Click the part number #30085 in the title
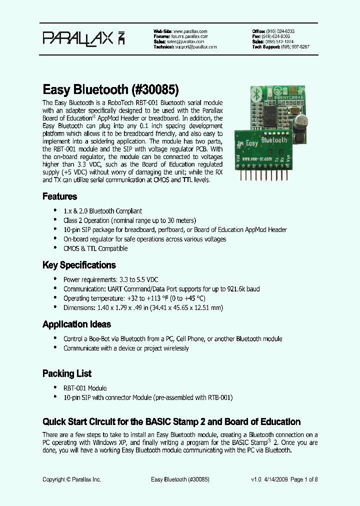155,90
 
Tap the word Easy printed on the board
251,143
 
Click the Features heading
59,196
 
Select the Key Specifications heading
79,265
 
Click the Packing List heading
67,373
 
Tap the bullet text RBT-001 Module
85,388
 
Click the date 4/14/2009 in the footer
276,479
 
